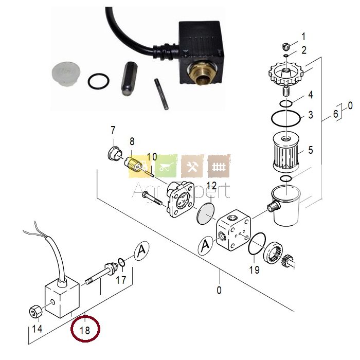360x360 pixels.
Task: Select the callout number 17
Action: [120, 280]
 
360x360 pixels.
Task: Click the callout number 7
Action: [113, 130]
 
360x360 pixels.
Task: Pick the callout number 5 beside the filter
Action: [310, 151]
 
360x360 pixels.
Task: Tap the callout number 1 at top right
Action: [303, 37]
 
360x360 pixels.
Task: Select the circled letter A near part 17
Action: [142, 251]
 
